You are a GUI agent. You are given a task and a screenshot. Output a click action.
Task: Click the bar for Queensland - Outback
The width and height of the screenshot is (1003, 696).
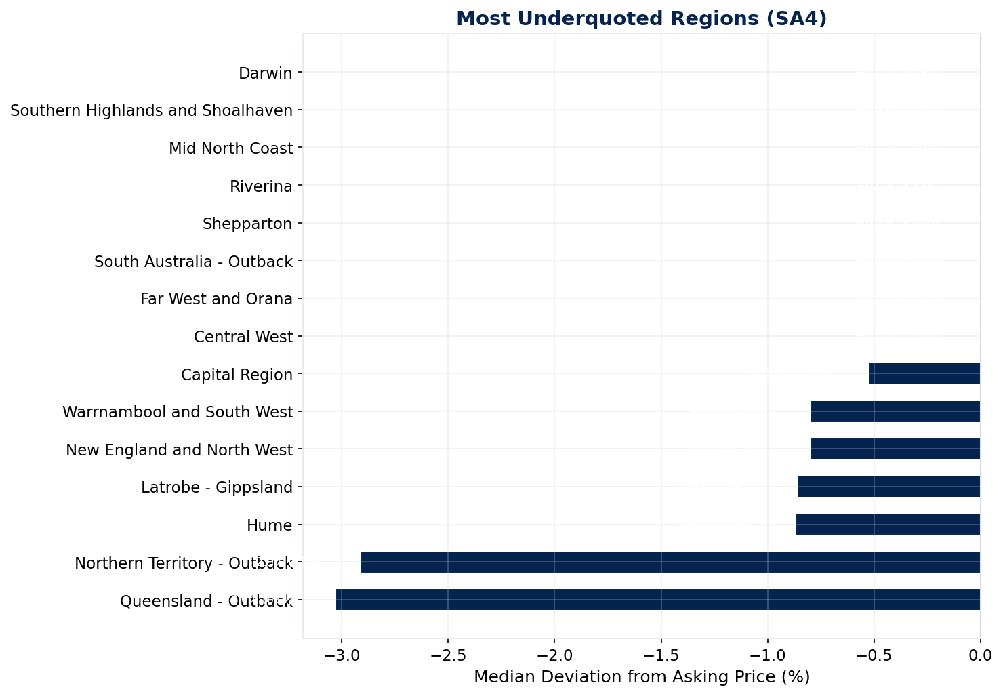(657, 600)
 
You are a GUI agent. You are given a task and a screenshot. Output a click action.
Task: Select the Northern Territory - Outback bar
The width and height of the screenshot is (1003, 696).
(670, 562)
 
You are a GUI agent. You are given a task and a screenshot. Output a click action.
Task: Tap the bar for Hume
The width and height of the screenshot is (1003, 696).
(888, 525)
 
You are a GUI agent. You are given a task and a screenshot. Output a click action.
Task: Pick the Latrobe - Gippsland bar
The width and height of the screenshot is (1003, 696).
(888, 487)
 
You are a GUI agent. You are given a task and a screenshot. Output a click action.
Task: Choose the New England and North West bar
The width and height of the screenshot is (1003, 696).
(895, 449)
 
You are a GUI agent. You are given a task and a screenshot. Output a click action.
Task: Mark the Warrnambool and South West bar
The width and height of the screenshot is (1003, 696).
(895, 411)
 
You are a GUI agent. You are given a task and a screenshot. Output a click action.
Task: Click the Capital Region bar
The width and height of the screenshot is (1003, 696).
(924, 373)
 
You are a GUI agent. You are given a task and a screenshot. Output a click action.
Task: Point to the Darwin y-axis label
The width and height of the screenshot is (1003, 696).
(266, 73)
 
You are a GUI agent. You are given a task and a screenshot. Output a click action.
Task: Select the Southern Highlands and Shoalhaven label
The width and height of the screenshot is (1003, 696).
(152, 110)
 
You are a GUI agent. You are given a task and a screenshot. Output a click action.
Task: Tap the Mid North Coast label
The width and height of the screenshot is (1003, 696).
(230, 148)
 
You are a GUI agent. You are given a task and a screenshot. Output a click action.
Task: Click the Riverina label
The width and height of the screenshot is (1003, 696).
(261, 186)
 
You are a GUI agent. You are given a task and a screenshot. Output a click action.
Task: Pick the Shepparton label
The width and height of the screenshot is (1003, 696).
(247, 224)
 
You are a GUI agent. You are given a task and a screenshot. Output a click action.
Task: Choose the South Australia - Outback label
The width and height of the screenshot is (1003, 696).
(193, 262)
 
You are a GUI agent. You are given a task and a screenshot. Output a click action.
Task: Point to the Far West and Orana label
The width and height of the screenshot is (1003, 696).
(216, 299)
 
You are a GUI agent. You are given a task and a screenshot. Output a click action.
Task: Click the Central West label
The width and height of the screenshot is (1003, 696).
(243, 337)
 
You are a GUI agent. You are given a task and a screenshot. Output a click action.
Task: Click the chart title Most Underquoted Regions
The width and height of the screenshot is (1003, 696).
(641, 18)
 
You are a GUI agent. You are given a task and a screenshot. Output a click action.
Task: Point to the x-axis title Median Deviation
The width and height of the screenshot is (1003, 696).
(641, 677)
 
